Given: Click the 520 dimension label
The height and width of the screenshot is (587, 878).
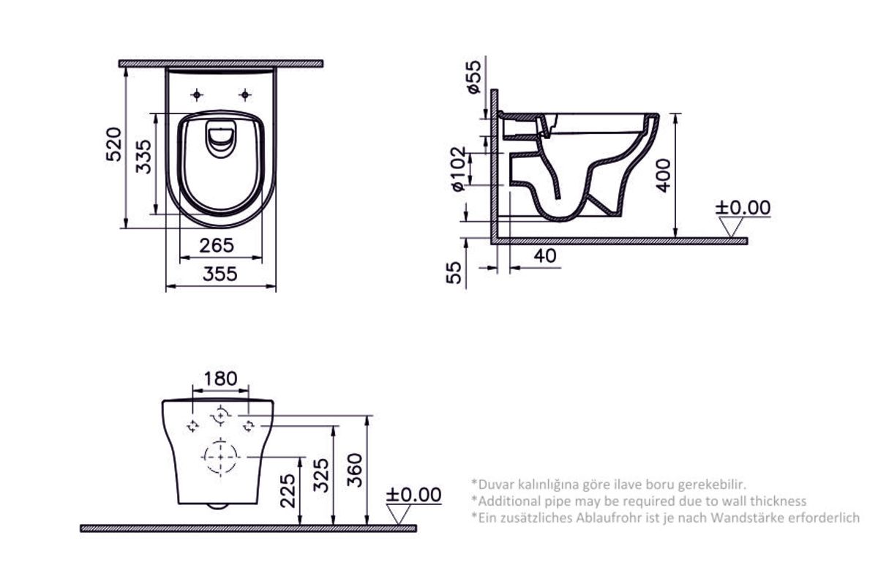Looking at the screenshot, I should tap(113, 146).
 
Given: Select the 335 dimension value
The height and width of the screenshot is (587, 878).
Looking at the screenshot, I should tap(144, 156).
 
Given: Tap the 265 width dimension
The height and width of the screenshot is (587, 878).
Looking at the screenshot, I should tap(217, 244).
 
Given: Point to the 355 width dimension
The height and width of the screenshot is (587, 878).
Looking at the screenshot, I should tap(219, 274).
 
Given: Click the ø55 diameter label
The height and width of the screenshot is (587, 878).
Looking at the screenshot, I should tap(473, 77).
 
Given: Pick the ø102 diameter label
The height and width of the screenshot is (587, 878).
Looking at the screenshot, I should tap(457, 169).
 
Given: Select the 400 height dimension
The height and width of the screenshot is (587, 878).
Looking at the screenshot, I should tap(663, 173).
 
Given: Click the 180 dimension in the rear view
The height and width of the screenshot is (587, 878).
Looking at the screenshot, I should tap(220, 378).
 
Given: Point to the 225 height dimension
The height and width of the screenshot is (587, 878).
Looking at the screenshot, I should tap(288, 489).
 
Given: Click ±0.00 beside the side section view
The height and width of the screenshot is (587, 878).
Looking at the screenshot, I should tap(743, 208).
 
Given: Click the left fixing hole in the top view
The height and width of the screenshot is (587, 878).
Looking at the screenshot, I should tap(196, 94).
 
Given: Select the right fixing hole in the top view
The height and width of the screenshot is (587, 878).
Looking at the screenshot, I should tap(246, 94).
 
